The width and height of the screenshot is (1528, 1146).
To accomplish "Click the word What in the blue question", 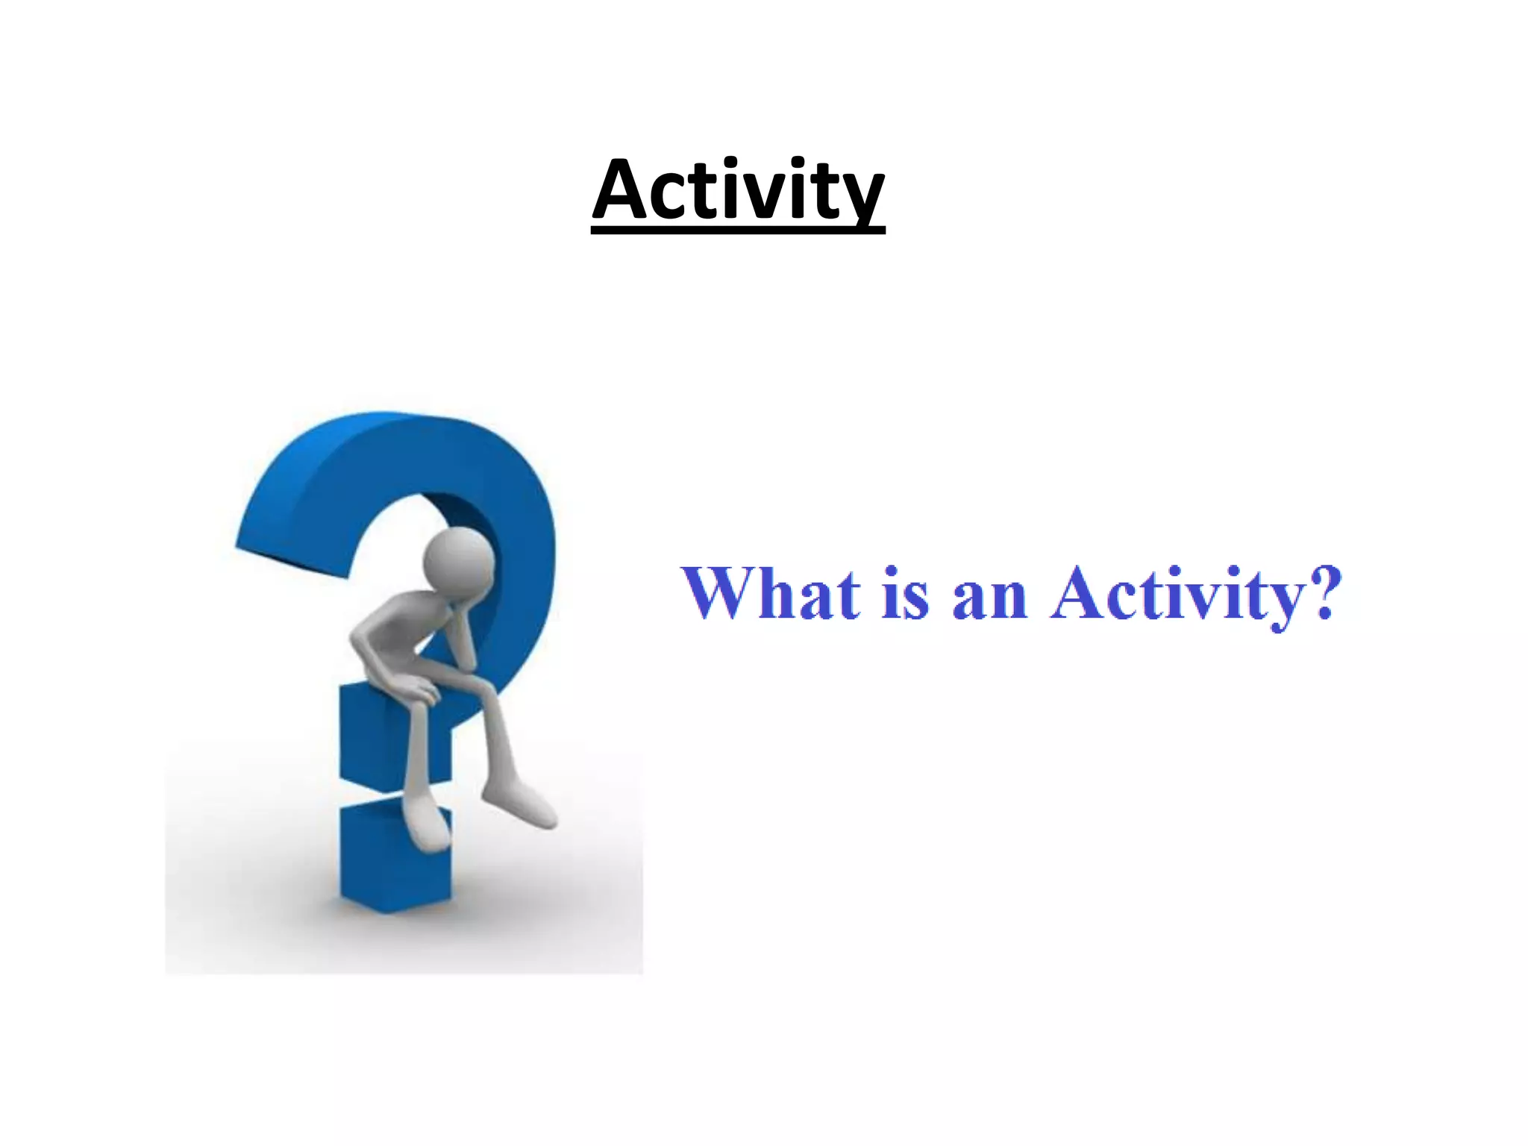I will tap(770, 594).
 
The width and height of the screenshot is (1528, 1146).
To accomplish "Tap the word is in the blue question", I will tap(905, 595).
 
